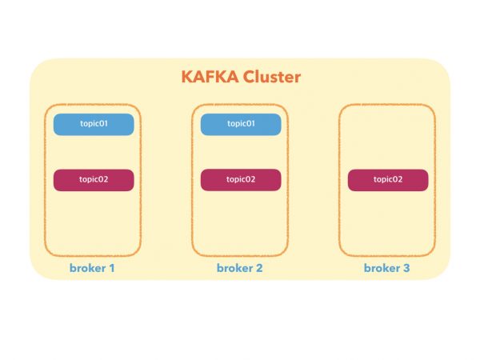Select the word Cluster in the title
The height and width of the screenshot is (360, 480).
[x=271, y=78]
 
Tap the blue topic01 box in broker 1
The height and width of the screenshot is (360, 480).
[x=93, y=124]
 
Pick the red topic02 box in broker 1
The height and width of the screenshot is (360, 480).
[x=93, y=179]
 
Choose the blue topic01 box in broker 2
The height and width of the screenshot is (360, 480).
[x=240, y=124]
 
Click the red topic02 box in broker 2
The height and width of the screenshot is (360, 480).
[x=240, y=179]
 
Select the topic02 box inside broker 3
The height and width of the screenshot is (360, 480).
[x=387, y=179]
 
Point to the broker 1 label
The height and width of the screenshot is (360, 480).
[x=93, y=268]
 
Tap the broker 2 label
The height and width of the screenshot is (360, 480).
[x=240, y=268]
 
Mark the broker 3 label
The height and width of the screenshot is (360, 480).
[x=387, y=268]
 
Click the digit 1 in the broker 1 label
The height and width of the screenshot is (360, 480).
[x=113, y=268]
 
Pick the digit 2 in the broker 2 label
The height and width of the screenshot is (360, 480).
[x=259, y=268]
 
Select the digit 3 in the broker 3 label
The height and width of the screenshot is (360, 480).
[x=406, y=268]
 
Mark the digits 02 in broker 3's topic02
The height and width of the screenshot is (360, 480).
[x=398, y=179]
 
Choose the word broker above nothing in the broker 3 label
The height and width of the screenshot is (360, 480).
[x=382, y=268]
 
